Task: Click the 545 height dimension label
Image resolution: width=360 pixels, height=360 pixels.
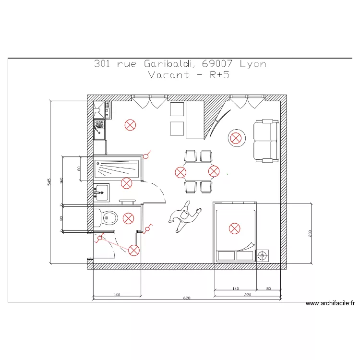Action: click(49, 182)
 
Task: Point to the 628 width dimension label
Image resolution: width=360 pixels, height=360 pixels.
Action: click(187, 298)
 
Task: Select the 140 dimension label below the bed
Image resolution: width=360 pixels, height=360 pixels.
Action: click(235, 289)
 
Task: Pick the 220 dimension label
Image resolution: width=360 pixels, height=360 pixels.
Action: click(248, 294)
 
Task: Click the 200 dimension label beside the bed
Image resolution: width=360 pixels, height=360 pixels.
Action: click(310, 233)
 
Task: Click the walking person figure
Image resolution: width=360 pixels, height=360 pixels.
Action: click(184, 216)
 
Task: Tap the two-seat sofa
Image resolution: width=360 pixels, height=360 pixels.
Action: click(266, 141)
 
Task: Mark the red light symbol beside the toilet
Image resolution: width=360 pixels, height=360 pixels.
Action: click(128, 218)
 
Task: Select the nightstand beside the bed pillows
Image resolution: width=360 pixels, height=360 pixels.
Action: click(262, 255)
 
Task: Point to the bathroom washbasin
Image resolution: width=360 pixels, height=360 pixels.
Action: click(101, 192)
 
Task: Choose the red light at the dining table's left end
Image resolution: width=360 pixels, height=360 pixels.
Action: click(180, 172)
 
